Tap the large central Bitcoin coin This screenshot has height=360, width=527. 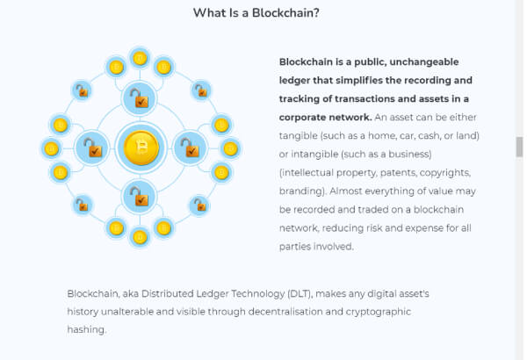(x=140, y=148)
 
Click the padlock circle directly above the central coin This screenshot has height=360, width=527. (x=140, y=98)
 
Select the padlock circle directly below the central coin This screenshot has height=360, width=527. (x=140, y=197)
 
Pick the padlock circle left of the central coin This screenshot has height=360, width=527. (x=91, y=148)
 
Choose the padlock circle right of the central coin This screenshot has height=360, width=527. (x=189, y=148)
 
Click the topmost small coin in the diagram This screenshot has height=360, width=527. (x=140, y=59)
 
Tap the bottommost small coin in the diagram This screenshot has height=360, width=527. (x=140, y=236)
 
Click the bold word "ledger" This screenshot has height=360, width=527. (x=296, y=80)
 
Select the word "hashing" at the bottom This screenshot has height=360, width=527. (x=86, y=330)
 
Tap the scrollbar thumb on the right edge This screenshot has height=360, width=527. (x=519, y=147)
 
